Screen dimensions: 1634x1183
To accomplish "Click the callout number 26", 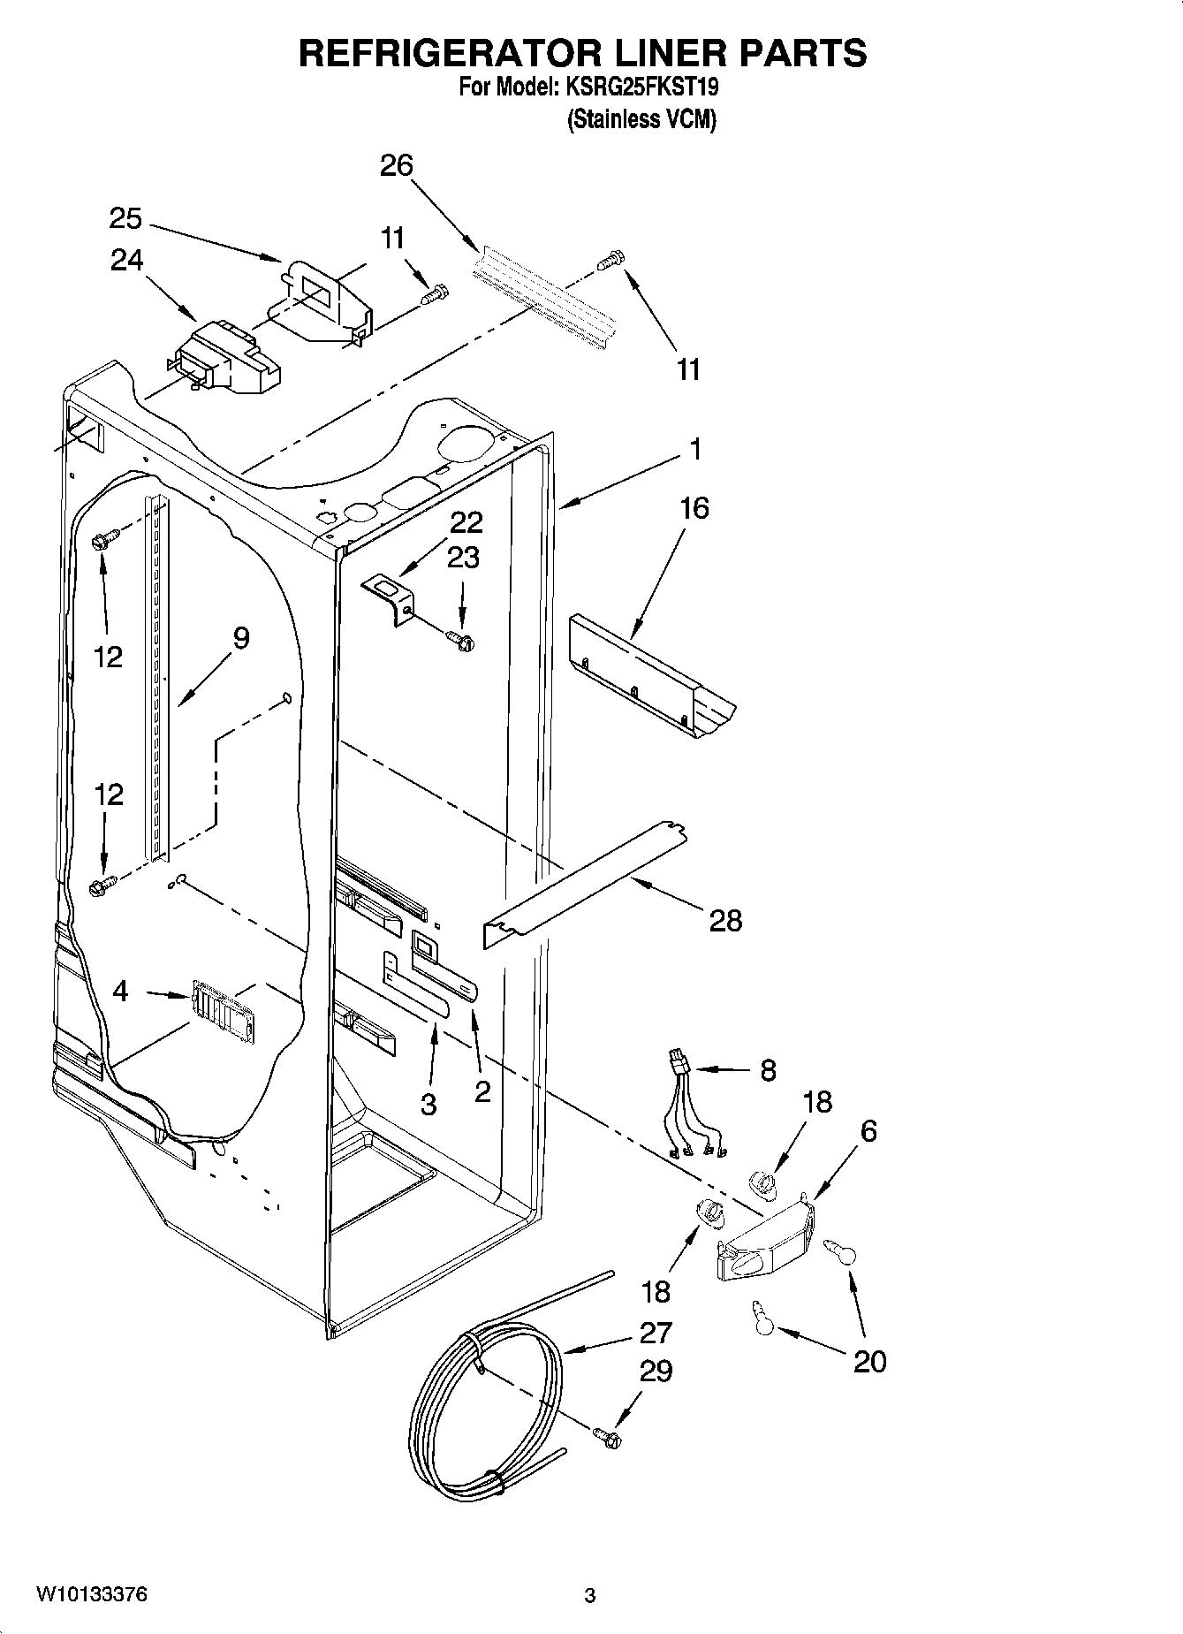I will (397, 165).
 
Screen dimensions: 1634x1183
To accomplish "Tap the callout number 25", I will (126, 217).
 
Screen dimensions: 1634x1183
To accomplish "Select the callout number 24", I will (127, 260).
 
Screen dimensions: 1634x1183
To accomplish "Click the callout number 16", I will (694, 508).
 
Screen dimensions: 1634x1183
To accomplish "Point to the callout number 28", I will (725, 922).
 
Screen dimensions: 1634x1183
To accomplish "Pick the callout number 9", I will (240, 637).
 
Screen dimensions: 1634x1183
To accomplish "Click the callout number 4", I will (120, 991).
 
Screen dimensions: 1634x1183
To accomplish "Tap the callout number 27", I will (656, 1332).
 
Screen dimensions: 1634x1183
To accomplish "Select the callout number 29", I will (656, 1371).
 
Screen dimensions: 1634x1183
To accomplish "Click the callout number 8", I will (768, 1070).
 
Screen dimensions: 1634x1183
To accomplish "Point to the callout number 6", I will (868, 1130).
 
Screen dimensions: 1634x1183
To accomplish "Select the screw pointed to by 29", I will (607, 1437).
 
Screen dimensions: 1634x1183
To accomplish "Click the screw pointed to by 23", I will (459, 638).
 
